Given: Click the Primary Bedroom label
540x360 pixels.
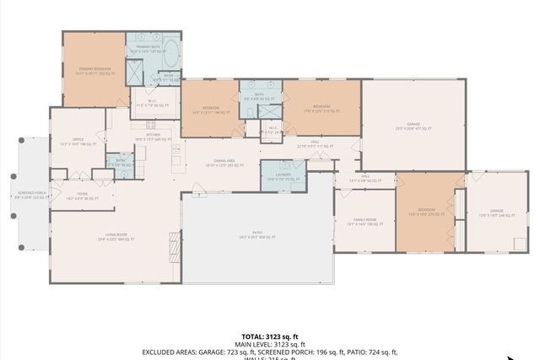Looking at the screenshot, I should (x=95, y=70).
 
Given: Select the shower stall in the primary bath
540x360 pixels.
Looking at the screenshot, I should (x=135, y=72).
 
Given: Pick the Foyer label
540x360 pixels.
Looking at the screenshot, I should (x=83, y=196).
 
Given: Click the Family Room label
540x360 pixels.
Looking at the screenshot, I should (x=365, y=223).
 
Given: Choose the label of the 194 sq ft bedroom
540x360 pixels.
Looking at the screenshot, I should (x=211, y=110).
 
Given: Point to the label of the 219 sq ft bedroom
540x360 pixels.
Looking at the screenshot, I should (x=321, y=108).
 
